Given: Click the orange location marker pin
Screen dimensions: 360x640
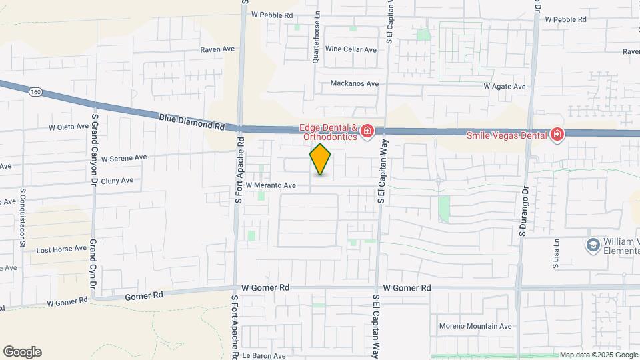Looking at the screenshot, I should point(320,159).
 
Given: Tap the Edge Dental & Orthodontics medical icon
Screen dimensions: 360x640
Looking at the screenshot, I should point(366,133).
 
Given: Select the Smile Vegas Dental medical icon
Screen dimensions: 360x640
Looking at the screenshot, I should point(557,135).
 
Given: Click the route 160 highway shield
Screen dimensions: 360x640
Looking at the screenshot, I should point(35,91).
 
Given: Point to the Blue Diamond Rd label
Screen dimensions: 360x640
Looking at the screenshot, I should point(191,121).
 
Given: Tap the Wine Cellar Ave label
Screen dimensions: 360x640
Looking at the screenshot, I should point(351,49).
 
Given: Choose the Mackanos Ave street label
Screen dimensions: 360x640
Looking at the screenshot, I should point(355,84).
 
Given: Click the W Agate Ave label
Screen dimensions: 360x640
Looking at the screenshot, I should point(505,87).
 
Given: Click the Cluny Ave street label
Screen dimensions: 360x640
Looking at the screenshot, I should point(117,180).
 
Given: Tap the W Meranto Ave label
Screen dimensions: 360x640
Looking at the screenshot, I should point(271,185).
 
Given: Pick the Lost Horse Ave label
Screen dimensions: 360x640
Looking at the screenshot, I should point(61,249).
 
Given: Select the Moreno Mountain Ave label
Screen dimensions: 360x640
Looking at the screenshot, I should point(475,326).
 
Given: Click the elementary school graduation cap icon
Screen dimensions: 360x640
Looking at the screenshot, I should point(592,245).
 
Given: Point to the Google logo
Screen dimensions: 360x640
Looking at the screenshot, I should point(22,352).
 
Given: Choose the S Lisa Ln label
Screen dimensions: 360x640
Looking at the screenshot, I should point(555,255).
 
